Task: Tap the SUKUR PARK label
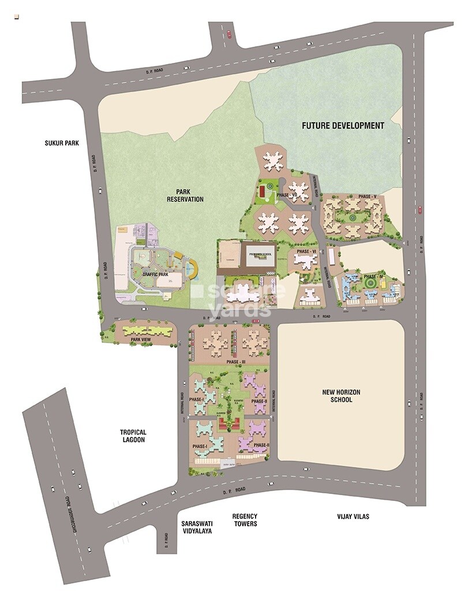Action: [61, 143]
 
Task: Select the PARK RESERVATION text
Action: [185, 195]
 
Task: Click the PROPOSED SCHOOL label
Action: [260, 254]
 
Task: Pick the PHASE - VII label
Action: [287, 195]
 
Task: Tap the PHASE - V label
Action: [367, 197]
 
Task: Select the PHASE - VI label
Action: [306, 252]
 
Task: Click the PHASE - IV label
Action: [373, 276]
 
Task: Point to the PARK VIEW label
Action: [141, 340]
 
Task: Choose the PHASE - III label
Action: [236, 362]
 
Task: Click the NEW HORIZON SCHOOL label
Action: [341, 396]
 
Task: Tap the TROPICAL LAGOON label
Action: [133, 436]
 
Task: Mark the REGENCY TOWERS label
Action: [245, 520]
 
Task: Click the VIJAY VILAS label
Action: [353, 517]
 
